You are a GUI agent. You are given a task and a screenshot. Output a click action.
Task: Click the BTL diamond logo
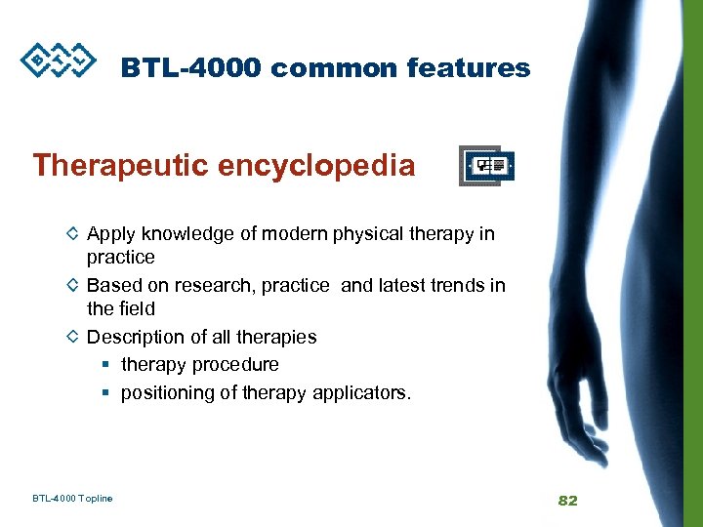coord(60,59)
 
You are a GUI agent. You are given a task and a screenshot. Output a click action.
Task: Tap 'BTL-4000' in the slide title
coord(191,68)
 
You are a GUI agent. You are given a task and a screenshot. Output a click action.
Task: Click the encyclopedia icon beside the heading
coord(487,167)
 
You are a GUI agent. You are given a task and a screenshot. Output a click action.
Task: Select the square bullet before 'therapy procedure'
coord(105,365)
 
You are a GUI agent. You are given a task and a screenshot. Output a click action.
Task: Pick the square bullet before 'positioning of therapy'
coord(105,393)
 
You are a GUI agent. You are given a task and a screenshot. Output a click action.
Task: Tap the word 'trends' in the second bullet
coord(458,286)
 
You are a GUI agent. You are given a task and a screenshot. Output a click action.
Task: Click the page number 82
coord(567,501)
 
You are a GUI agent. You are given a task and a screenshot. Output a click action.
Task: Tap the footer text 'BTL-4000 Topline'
coord(72,499)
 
